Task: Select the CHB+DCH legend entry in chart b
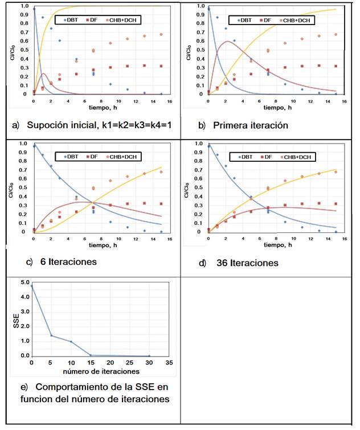pos(296,20)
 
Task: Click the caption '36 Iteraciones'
pos(247,263)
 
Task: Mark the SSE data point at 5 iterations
pos(51,335)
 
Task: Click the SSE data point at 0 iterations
pos(31,285)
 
